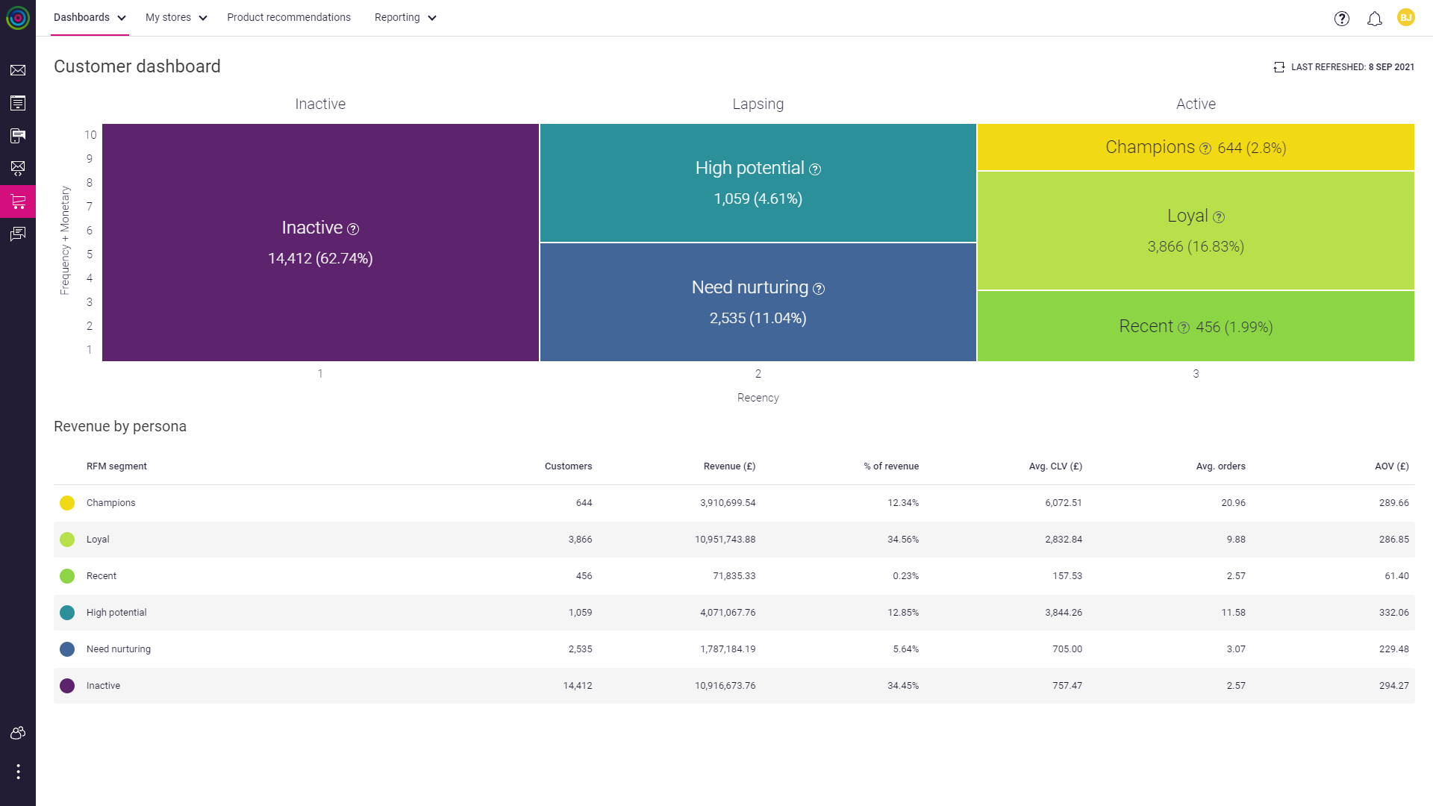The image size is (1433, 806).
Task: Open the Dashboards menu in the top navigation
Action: tap(89, 17)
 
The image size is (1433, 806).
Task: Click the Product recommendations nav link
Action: tap(288, 17)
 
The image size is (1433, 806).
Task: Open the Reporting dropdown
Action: tap(405, 17)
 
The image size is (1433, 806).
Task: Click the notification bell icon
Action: tap(1374, 19)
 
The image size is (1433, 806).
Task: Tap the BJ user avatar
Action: tap(1405, 18)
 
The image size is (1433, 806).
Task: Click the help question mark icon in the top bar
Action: tap(1341, 19)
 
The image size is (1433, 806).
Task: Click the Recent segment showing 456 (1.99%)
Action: tap(1195, 327)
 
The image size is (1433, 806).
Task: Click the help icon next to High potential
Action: tap(815, 169)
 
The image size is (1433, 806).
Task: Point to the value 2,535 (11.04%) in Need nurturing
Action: tap(758, 319)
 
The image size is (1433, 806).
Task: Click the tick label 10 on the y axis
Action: tap(90, 135)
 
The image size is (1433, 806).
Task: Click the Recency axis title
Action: tap(758, 398)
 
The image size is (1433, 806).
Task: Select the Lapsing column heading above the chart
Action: tap(758, 104)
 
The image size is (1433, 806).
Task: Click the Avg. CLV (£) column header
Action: tap(1055, 466)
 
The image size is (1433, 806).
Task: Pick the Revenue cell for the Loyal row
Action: tap(725, 540)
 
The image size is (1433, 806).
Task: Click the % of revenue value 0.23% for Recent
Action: tap(905, 576)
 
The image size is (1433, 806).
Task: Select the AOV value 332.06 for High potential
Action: tap(1393, 613)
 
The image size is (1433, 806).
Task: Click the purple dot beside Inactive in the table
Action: tap(67, 686)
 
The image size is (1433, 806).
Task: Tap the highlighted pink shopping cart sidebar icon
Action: tap(18, 201)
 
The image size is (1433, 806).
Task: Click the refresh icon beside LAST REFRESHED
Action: tap(1279, 67)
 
